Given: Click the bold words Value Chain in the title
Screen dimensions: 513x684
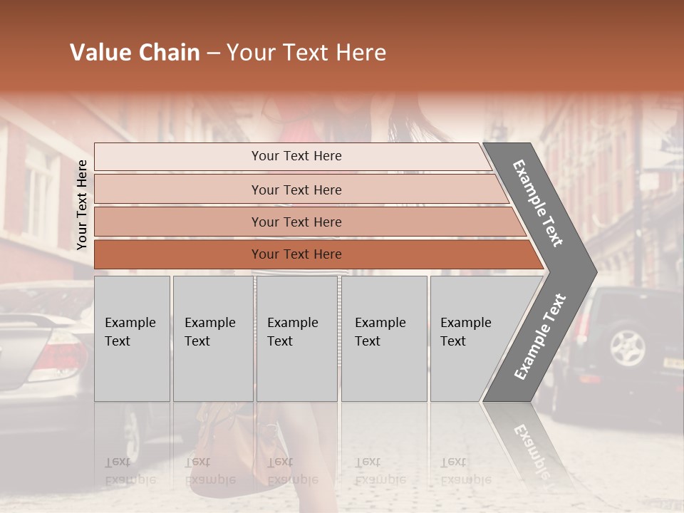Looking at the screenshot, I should [135, 53].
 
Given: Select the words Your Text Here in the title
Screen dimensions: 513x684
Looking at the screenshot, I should [306, 53].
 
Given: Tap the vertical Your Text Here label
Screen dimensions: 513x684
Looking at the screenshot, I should [82, 204].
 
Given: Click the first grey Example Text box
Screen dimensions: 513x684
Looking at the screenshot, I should [132, 338].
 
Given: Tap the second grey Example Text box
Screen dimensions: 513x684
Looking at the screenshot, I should [212, 338].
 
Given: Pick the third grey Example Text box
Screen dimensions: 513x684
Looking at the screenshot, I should [296, 338].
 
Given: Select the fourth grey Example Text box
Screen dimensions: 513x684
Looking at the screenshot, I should [384, 338].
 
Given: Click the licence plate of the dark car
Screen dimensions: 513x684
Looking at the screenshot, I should [673, 363].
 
